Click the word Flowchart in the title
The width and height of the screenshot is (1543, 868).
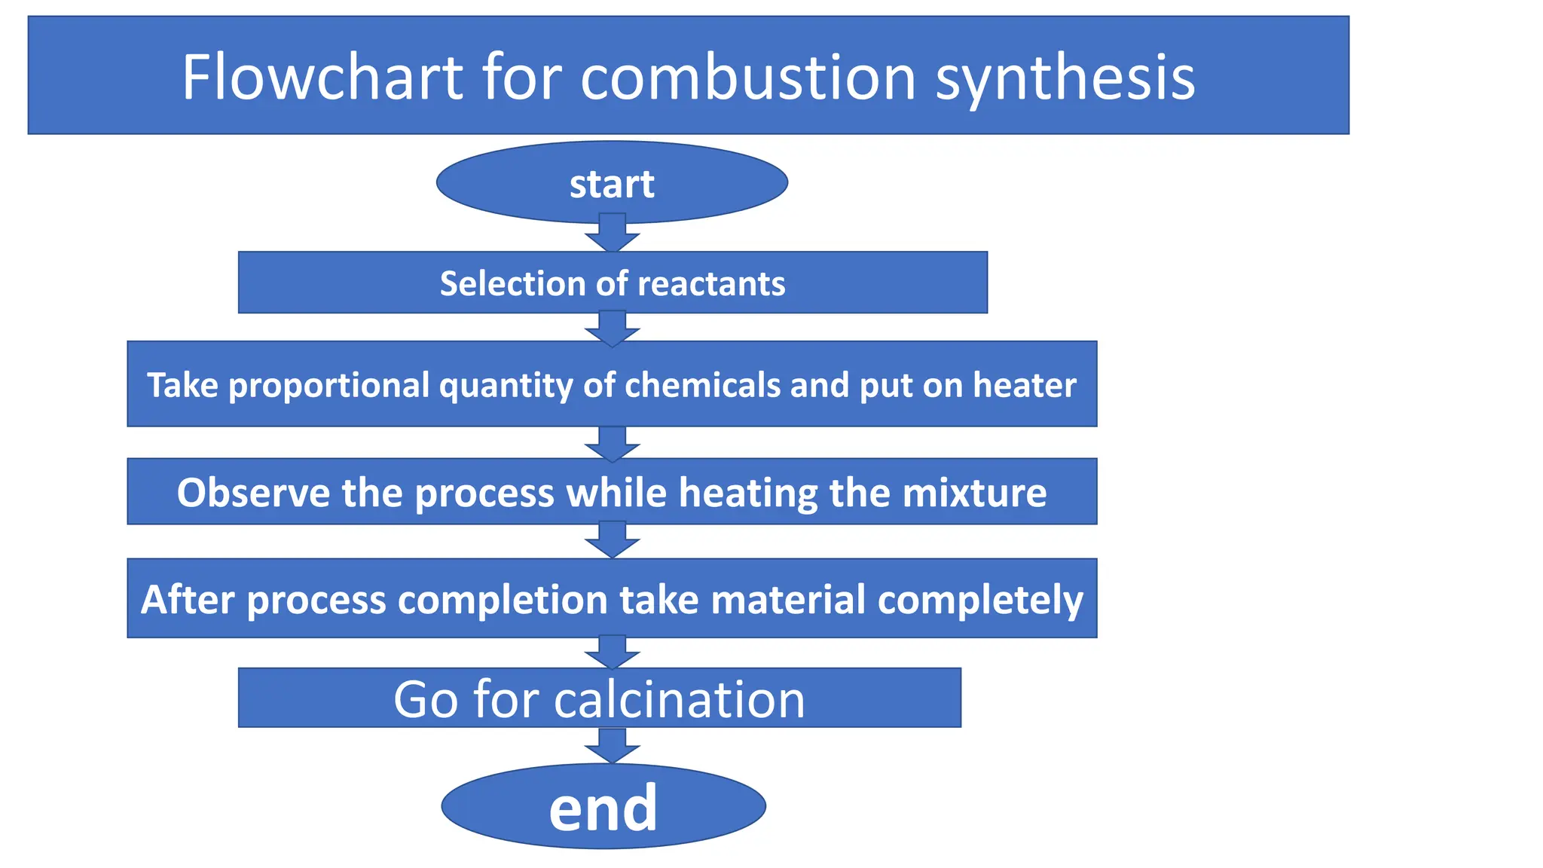click(322, 77)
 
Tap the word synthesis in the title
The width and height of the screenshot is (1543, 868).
click(1065, 78)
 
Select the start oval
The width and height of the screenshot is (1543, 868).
click(612, 183)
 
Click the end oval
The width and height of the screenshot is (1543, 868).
click(603, 807)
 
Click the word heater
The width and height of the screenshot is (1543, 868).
click(1025, 385)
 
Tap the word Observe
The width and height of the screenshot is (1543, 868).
click(253, 493)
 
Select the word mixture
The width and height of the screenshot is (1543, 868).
click(974, 493)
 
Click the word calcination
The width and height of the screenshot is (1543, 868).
click(680, 699)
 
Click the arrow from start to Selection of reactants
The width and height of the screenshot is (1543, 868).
click(613, 233)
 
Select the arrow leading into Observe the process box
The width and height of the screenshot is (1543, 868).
click(613, 444)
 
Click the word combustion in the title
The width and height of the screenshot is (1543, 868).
click(747, 77)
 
